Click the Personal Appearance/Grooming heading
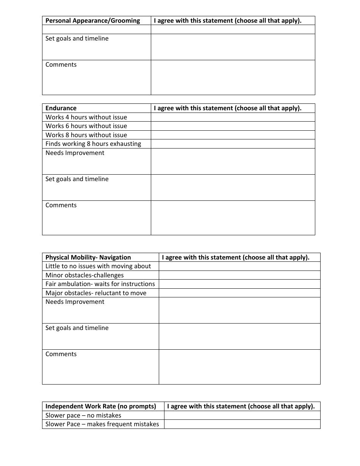pos(92,21)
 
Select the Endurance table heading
pos(61,108)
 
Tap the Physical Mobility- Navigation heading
pos(88,258)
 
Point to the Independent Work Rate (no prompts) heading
pos(100,407)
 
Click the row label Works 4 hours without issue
pos(86,117)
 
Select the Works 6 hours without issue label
pos(86,126)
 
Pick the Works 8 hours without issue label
pos(86,135)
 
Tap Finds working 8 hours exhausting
pos(93,144)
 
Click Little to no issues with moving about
pos(98,266)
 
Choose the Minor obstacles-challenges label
pos(85,275)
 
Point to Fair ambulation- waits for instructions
pos(100,284)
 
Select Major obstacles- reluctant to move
pos(96,293)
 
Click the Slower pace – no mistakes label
pos(83,416)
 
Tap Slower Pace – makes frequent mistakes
pos(102,424)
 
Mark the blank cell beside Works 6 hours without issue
pos(233,126)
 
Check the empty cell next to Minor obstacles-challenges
pos(239,275)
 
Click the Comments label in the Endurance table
pos(61,205)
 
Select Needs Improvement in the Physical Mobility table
pos(75,302)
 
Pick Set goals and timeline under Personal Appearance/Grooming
pos(77,39)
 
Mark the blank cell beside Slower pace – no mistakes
pos(242,416)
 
